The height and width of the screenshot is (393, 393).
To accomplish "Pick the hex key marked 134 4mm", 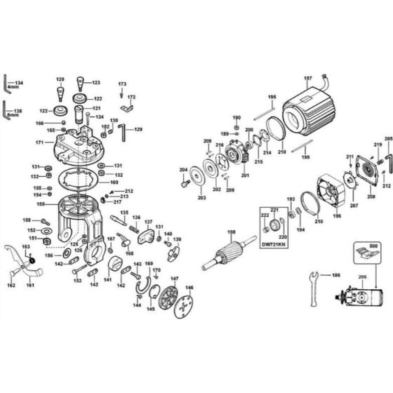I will click(6, 84).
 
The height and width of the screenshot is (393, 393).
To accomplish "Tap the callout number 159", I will click(41, 204).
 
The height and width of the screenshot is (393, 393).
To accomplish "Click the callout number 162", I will click(11, 286).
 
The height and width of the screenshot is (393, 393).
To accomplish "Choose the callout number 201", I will click(245, 175).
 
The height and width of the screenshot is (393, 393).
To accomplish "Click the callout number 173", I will click(122, 84).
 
